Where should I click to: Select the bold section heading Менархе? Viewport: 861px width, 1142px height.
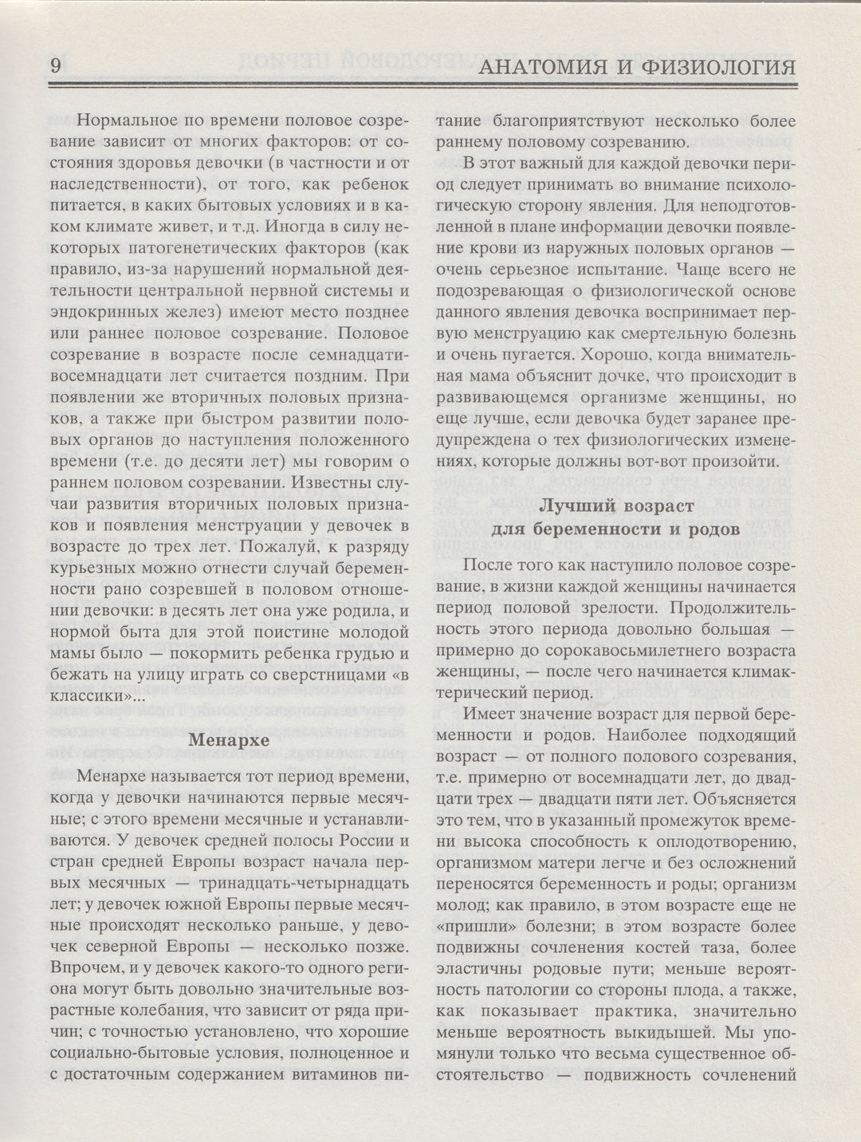tap(227, 739)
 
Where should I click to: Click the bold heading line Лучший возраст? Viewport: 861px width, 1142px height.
tap(613, 506)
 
